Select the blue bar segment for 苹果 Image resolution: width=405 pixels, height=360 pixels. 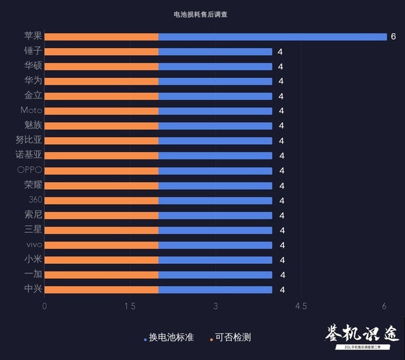[272, 37]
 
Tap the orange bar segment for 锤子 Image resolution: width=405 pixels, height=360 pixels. [101, 51]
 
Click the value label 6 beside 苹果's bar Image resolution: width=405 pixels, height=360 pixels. [393, 37]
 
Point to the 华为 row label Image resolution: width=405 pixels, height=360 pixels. [33, 81]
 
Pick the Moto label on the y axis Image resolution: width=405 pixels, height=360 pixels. [32, 111]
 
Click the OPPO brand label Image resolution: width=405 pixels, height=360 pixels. [30, 170]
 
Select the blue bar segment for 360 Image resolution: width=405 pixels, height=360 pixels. [215, 200]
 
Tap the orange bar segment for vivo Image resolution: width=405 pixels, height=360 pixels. [101, 245]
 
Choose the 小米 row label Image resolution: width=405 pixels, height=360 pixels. [33, 259]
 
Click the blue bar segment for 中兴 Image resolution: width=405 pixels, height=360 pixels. [215, 290]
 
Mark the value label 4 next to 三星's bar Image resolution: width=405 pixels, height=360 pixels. [282, 230]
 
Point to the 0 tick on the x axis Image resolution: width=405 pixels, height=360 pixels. [44, 306]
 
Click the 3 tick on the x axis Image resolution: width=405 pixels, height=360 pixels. [216, 306]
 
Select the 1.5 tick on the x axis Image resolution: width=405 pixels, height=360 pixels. [130, 306]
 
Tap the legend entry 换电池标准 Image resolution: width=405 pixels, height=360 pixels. [171, 337]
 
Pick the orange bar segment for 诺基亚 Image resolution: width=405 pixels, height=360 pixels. [101, 156]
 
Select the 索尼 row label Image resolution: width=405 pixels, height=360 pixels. [33, 215]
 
